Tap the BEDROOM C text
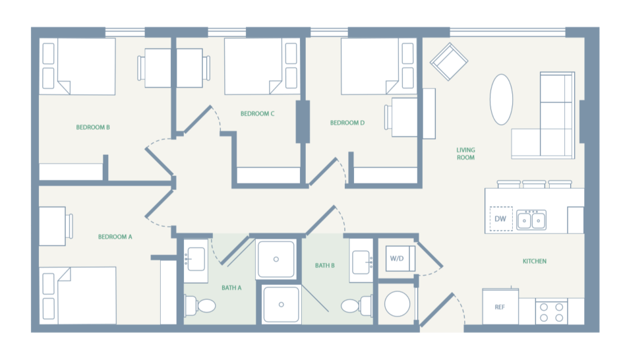(257, 113)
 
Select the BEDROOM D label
(347, 123)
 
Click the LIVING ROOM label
(465, 154)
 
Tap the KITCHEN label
(535, 261)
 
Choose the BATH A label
(232, 287)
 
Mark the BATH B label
(325, 266)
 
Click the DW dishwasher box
(500, 219)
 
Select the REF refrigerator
(500, 307)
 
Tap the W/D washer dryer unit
(397, 258)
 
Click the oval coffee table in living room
(501, 98)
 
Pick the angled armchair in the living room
(449, 63)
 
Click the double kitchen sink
(531, 219)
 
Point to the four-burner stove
(552, 311)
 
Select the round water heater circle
(398, 305)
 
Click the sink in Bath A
(196, 259)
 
